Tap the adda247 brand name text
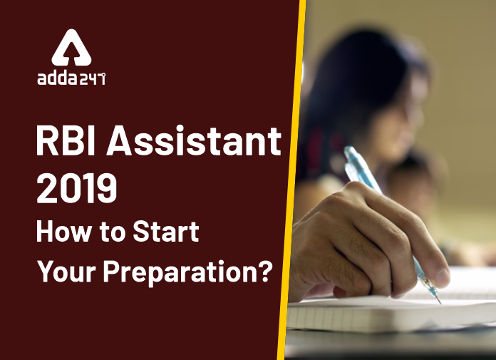pyautogui.click(x=71, y=78)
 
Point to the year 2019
pyautogui.click(x=77, y=190)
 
